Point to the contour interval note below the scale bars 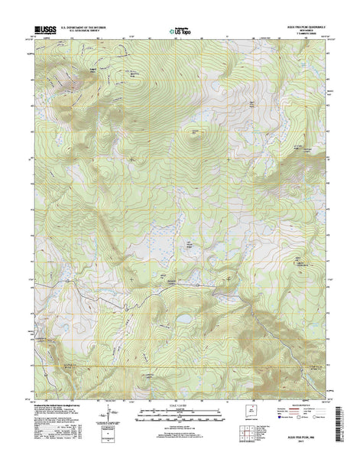tap(180, 425)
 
